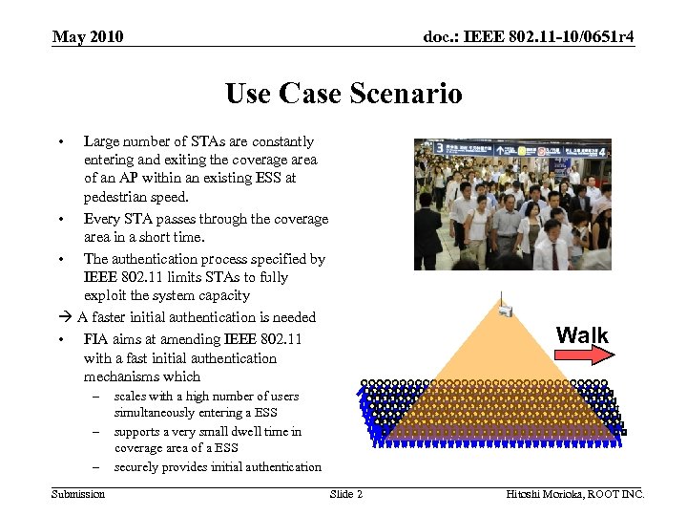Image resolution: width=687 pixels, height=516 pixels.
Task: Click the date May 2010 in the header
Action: (88, 37)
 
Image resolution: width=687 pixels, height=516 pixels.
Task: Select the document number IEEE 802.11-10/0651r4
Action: (529, 37)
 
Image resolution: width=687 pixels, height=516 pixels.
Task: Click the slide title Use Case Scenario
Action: (343, 94)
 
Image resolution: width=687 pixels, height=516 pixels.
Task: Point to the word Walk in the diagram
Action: (582, 335)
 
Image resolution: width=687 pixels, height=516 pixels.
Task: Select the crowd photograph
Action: (511, 204)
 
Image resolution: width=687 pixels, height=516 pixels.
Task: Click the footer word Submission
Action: (78, 494)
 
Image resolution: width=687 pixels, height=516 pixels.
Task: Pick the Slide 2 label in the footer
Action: (346, 494)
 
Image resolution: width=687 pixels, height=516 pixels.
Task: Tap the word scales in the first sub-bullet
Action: (130, 397)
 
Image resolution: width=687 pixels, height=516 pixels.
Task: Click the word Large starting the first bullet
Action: (102, 141)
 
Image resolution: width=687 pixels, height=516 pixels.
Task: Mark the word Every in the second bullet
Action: (102, 219)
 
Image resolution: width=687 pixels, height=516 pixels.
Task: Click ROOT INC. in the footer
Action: (617, 494)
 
